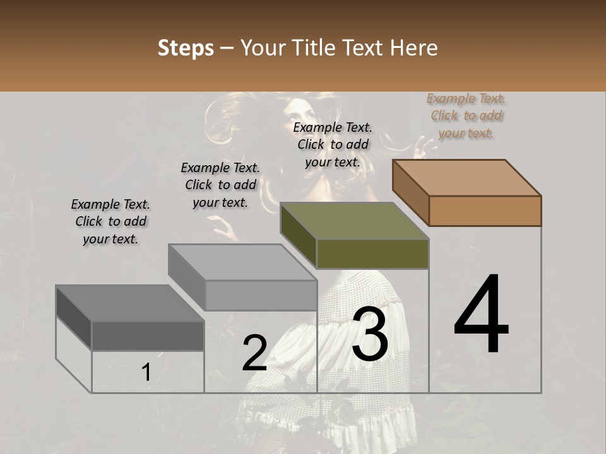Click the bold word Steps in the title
coord(186,48)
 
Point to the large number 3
coord(369,334)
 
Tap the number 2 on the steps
coord(254,353)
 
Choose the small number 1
coord(146,373)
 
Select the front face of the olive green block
coord(372,253)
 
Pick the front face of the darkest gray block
coord(148,335)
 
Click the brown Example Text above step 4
coord(466,116)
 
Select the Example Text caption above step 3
coord(333,144)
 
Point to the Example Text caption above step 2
coord(220,185)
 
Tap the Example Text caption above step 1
coord(110,221)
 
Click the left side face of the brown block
coord(410,192)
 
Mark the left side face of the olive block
coord(298,235)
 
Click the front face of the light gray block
coord(261,295)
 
